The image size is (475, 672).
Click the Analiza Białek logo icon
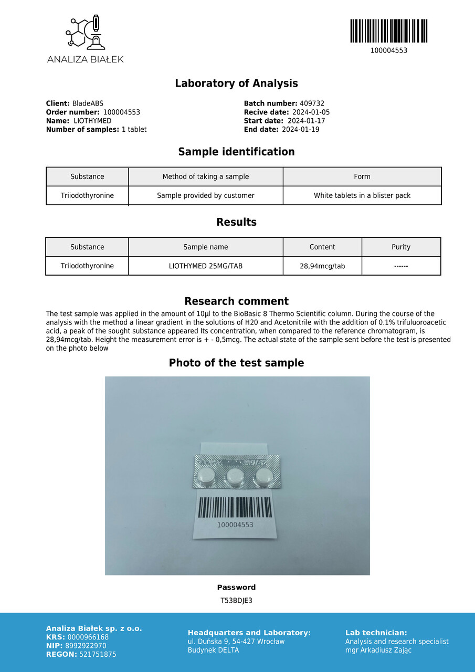pos(85,33)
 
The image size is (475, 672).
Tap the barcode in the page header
pos(388,31)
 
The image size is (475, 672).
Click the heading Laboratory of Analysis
pos(236,83)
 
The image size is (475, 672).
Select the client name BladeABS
pos(88,104)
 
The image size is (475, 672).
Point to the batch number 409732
pos(312,104)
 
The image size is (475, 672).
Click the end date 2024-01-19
pos(300,130)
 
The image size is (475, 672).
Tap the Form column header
pos(362,177)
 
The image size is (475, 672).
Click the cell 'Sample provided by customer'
pos(205,196)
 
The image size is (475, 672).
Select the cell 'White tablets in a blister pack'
pos(362,196)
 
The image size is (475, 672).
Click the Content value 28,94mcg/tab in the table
pos(322,266)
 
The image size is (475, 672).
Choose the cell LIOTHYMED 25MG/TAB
pos(205,266)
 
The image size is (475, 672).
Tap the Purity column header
pos(401,247)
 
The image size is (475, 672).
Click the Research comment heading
pos(236,301)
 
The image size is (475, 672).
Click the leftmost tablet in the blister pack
pos(206,477)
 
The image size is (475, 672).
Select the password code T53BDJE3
pos(236,601)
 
